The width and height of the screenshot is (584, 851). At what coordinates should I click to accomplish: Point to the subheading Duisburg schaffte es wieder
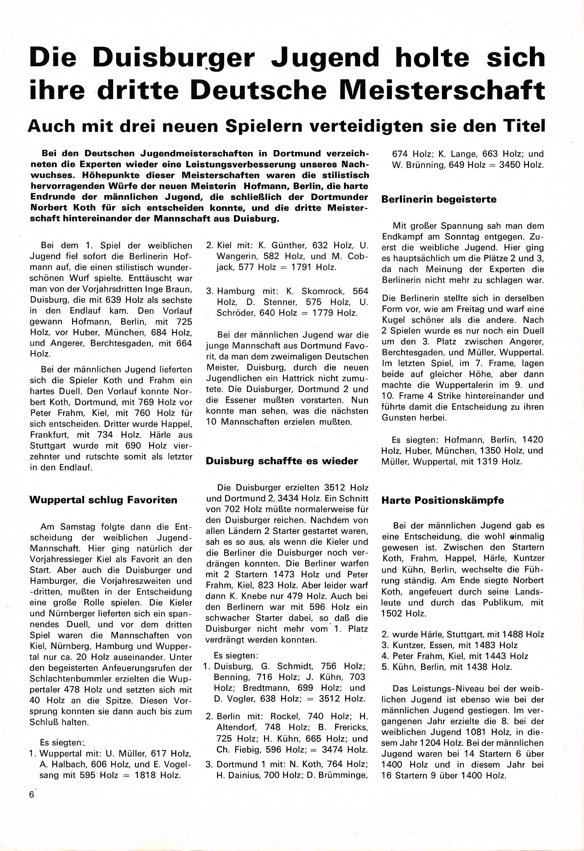pos(282,461)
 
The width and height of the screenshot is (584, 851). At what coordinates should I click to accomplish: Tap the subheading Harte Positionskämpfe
pos(442,501)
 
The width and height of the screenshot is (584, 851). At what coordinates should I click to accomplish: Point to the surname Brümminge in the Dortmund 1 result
pos(343,775)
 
